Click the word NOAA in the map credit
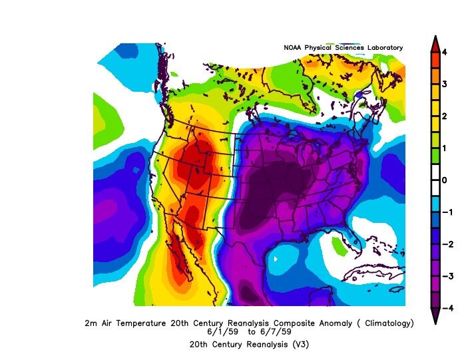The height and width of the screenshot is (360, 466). click(293, 48)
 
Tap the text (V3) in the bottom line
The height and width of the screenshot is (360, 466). click(300, 344)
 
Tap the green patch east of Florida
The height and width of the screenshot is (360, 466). click(340, 248)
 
